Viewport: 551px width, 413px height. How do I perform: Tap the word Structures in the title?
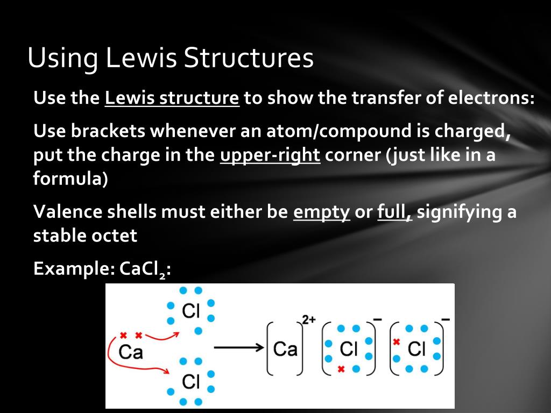[248, 58]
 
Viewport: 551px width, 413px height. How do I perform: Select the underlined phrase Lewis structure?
[172, 98]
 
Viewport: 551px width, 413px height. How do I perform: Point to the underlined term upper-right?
[270, 155]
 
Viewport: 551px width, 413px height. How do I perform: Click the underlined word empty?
[321, 212]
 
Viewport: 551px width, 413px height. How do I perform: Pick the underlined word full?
[394, 212]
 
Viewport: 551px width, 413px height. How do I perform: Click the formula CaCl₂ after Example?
[144, 269]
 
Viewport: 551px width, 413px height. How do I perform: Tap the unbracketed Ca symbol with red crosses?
[131, 352]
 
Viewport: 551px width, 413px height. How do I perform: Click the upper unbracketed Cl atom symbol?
[191, 310]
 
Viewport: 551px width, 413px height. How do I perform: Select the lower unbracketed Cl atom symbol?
[191, 381]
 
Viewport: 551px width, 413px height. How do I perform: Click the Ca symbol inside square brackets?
[285, 349]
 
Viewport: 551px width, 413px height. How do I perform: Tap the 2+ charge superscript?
[309, 319]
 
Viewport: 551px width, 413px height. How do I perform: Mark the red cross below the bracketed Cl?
[341, 369]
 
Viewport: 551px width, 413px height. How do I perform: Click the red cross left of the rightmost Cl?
[397, 341]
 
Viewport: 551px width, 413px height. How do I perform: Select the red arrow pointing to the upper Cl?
[163, 337]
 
